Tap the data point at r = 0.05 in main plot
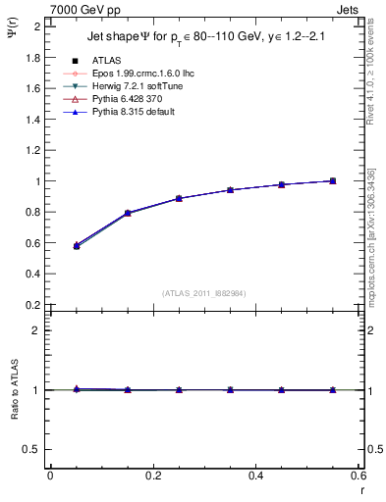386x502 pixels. pos(77,246)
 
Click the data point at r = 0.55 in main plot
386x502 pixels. pos(333,180)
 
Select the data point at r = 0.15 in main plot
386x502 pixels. pos(128,213)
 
